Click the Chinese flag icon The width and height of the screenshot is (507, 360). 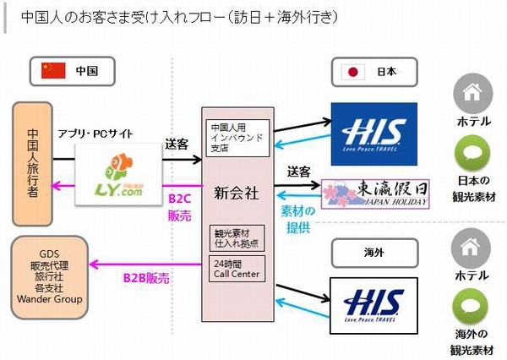pyautogui.click(x=54, y=71)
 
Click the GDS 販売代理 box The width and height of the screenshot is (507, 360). pyautogui.click(x=61, y=275)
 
